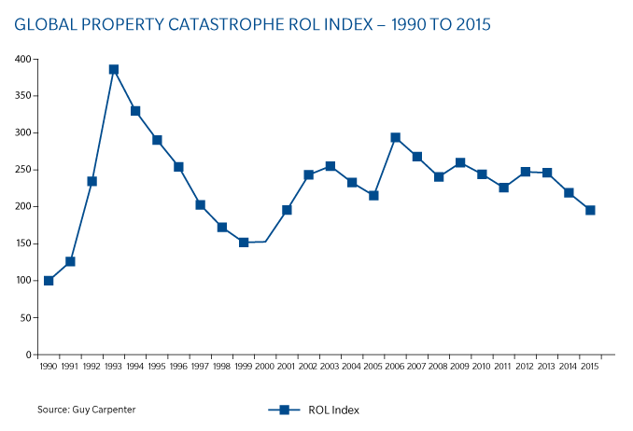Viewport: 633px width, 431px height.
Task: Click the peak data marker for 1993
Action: pos(114,69)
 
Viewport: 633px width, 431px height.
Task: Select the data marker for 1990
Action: pos(49,281)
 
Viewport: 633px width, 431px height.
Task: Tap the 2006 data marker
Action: pos(395,137)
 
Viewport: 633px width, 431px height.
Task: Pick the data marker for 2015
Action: pos(590,210)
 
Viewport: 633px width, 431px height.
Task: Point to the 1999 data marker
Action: pos(244,243)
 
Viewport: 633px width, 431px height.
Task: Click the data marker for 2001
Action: pos(287,210)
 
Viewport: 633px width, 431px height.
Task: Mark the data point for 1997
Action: pos(200,205)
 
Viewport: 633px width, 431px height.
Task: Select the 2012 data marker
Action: pos(525,172)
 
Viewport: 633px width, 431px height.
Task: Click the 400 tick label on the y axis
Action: pos(22,59)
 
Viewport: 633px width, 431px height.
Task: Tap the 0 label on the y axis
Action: pos(28,355)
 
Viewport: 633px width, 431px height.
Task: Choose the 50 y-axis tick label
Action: pos(25,318)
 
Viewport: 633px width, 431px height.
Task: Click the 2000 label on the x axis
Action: pos(265,368)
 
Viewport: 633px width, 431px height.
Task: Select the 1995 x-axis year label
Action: pos(157,368)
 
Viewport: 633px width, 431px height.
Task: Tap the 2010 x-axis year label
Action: pos(482,368)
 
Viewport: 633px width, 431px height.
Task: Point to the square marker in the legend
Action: pos(284,410)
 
